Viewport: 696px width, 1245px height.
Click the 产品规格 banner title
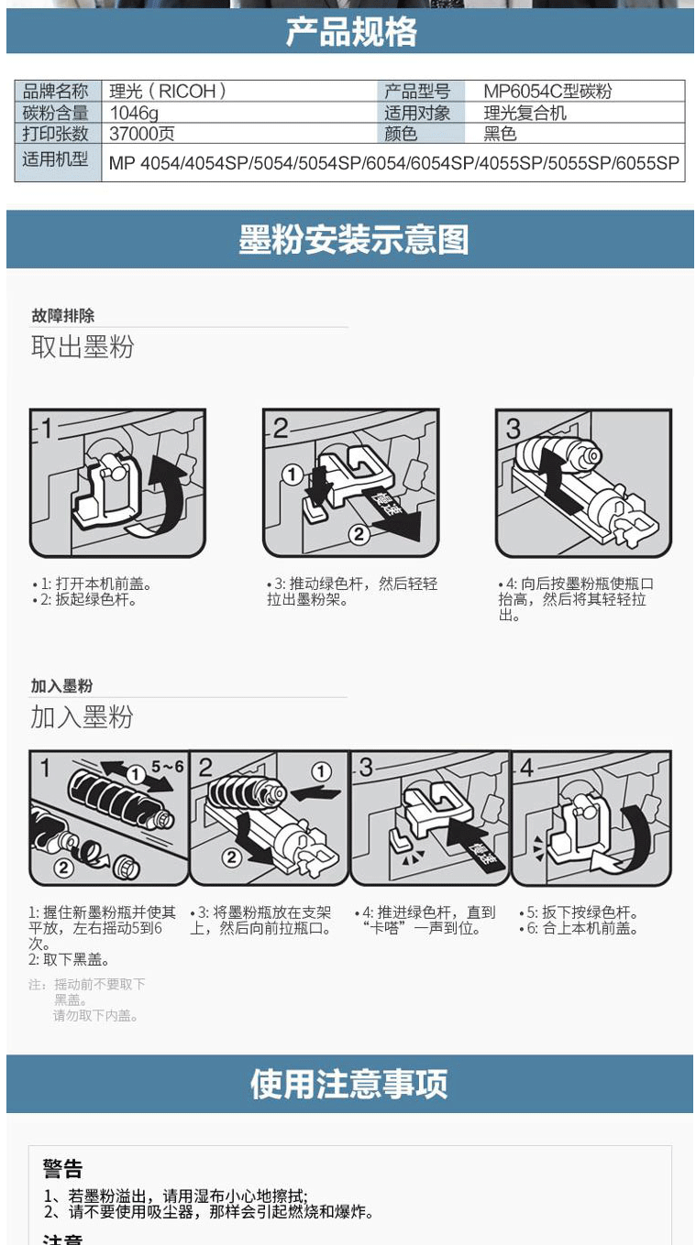(x=351, y=32)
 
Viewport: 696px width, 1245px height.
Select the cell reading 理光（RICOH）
(x=168, y=91)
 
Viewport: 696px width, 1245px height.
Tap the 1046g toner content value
(x=134, y=113)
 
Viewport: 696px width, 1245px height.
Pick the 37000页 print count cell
(x=142, y=134)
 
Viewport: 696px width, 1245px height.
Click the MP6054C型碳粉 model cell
(x=547, y=91)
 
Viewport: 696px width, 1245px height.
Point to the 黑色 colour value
(x=500, y=134)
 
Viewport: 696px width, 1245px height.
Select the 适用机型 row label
(x=55, y=159)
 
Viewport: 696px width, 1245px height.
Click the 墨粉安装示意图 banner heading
(x=354, y=239)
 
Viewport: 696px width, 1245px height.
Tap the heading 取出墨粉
(x=83, y=347)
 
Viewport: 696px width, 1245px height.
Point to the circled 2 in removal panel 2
(x=359, y=534)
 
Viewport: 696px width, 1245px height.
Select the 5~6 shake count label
(x=168, y=767)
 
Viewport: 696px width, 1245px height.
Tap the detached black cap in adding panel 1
(x=127, y=867)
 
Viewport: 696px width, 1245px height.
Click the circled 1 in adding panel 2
(x=321, y=771)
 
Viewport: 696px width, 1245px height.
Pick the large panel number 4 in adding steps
(x=526, y=768)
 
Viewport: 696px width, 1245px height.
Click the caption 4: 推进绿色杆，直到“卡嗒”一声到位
(x=426, y=920)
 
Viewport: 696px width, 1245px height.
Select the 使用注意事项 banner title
(x=348, y=1083)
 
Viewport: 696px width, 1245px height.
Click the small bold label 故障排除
(x=63, y=316)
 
